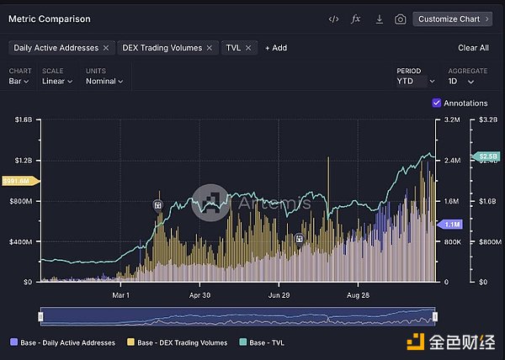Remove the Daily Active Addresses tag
coord(106,48)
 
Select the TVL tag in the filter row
coord(232,48)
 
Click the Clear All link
coord(473,48)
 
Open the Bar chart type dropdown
coord(19,82)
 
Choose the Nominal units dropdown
coord(104,82)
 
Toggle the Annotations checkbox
coord(436,103)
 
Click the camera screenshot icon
coord(400,19)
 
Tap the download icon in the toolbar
coord(379,19)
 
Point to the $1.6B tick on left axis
coord(23,120)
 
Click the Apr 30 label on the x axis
coord(199,295)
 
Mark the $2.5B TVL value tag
coord(488,156)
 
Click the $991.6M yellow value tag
coord(17,181)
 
